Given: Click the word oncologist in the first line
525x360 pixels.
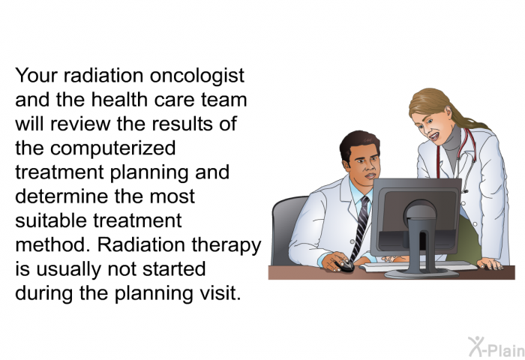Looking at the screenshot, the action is coord(196,76).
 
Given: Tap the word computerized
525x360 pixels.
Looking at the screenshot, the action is coord(112,148).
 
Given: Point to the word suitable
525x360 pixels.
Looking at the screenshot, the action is coord(51,220).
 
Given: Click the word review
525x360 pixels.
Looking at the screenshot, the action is coord(80,124).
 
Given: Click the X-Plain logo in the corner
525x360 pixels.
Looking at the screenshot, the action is coord(496,347).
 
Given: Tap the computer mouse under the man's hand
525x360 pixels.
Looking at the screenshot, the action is coord(344,266).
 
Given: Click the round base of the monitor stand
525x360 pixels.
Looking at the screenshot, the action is coord(421,273).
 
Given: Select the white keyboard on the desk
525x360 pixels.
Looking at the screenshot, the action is coord(418,266).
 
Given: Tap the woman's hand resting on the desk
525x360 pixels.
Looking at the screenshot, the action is coord(490,264).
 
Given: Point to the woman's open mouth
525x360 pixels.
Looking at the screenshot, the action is coord(434,136).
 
